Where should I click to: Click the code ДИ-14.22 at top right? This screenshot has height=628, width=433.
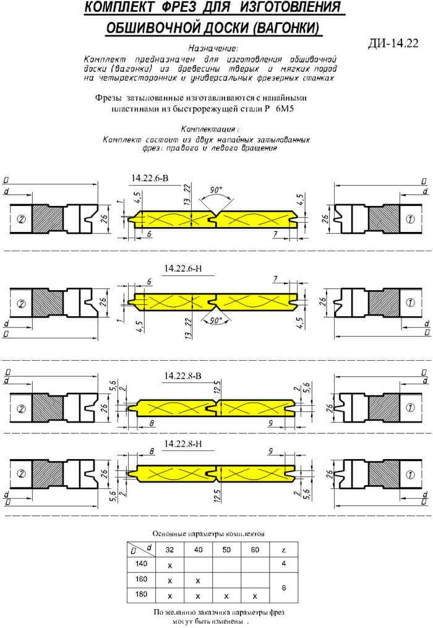tap(393, 43)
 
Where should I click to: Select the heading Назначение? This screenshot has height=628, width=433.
tap(213, 48)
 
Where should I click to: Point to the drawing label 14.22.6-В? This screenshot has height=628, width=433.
tap(150, 178)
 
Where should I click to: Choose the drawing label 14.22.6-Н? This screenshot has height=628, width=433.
tap(183, 269)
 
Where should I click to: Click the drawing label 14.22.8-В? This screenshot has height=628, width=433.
tap(182, 376)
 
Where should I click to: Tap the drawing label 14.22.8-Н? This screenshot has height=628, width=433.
tap(183, 444)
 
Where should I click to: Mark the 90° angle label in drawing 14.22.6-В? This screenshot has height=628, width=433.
tap(216, 189)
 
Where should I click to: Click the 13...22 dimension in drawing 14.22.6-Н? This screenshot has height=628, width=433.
tap(189, 329)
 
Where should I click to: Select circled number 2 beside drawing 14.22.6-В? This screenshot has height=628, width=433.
tap(21, 219)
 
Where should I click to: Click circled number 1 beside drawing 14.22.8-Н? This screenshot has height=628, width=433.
tap(410, 475)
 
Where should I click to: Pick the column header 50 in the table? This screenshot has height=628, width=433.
tap(227, 549)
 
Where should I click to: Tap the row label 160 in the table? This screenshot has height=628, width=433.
tap(141, 579)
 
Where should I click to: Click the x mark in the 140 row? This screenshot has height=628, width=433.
tap(170, 566)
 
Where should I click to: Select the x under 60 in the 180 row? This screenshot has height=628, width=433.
tap(255, 596)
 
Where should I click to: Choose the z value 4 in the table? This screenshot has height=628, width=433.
tap(283, 564)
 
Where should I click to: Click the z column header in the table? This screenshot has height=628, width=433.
tap(283, 550)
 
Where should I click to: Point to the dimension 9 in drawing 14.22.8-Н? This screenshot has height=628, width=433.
tap(270, 452)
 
